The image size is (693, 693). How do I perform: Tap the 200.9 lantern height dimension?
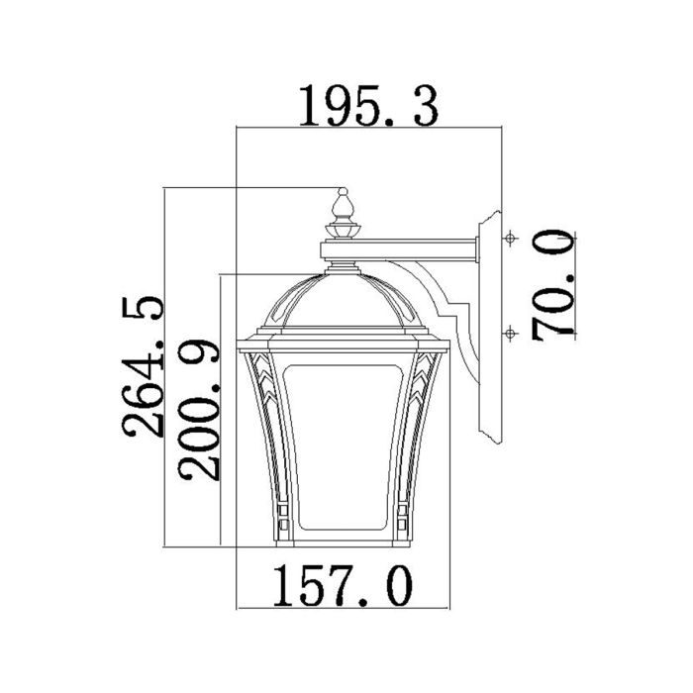pyautogui.click(x=197, y=408)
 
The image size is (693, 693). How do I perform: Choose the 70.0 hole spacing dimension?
pyautogui.click(x=552, y=285)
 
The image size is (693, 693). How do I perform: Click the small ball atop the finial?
pyautogui.click(x=343, y=191)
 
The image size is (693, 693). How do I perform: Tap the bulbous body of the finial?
pyautogui.click(x=343, y=207)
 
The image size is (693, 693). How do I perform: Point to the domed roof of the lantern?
pyautogui.click(x=343, y=302)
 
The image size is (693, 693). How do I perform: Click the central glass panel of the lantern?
pyautogui.click(x=343, y=445)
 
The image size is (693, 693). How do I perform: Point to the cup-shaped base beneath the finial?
pyautogui.click(x=343, y=230)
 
